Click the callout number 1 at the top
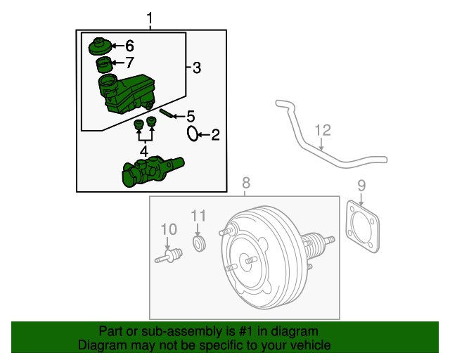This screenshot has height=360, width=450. point(148,17)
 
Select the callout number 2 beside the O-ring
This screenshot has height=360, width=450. point(215,134)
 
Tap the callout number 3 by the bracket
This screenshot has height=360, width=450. point(197,67)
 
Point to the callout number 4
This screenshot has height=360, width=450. point(143,151)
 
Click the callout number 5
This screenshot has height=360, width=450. point(190,117)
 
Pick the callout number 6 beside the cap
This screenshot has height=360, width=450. point(129,46)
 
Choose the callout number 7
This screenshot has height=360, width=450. point(129,63)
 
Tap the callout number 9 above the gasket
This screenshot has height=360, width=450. point(361,186)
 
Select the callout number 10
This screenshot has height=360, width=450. point(169,229)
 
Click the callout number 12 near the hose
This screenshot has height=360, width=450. point(322,129)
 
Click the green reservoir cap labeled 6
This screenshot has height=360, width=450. point(98,48)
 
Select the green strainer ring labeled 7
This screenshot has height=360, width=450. point(103,66)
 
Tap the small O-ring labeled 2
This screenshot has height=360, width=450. point(193,133)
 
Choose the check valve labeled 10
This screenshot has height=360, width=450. point(168,256)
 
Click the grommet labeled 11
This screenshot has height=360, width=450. point(199,243)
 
